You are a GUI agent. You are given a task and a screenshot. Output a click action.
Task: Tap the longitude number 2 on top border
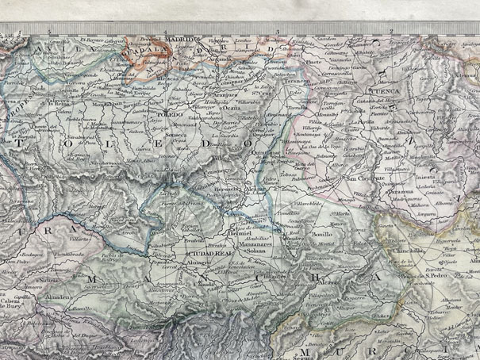(391, 31)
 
